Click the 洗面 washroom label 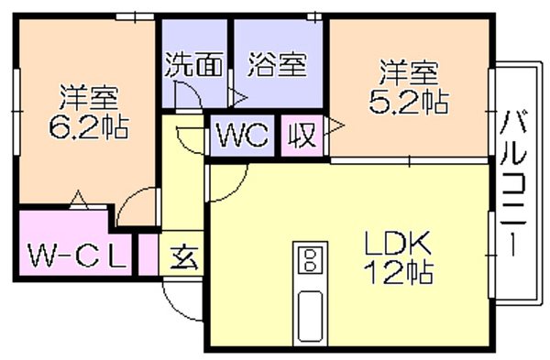point(194,65)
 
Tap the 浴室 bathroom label point(278,65)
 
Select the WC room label point(243,135)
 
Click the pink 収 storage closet point(302,136)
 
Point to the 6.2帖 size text point(88,126)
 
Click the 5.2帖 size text point(409,102)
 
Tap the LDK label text point(398,244)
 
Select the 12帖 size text point(398,272)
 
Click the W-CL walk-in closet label point(77,256)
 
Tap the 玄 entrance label point(184,258)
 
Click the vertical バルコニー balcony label point(512,183)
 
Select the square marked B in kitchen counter point(310,260)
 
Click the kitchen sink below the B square point(310,316)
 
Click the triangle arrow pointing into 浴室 point(238,97)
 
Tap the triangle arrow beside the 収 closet point(335,125)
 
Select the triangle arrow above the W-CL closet point(79,199)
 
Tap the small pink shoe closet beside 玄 point(148,255)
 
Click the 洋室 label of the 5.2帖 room point(409,73)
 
